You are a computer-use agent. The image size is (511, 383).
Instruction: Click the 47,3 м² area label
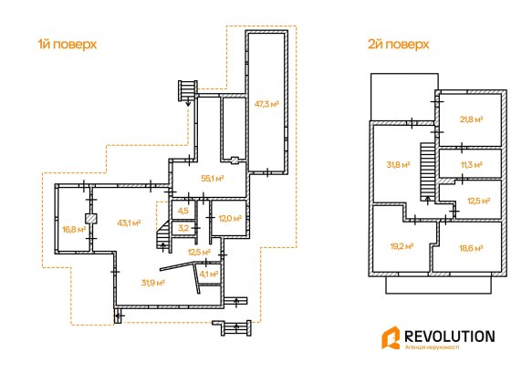[266, 104]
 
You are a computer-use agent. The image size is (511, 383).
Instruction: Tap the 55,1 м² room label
[212, 179]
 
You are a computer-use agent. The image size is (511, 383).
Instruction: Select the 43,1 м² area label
[129, 223]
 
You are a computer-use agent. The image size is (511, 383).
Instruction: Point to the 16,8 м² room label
[74, 229]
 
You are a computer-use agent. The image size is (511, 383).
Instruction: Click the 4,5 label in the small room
[183, 211]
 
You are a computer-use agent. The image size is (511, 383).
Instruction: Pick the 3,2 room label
[183, 228]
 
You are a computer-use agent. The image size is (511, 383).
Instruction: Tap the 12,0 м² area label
[230, 218]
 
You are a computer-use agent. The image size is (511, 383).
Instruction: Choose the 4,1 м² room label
[209, 274]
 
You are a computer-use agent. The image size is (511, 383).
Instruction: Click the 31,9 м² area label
[152, 283]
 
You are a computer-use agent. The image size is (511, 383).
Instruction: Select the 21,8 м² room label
[471, 119]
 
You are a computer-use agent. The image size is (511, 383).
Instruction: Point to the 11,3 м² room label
[471, 165]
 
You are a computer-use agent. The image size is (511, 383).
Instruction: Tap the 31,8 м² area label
[398, 164]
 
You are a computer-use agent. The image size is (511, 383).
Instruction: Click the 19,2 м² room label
[401, 246]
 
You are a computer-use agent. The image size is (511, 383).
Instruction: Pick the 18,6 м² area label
[471, 248]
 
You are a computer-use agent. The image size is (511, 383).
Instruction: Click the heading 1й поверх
[68, 44]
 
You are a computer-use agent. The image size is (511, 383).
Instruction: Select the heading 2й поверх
[398, 44]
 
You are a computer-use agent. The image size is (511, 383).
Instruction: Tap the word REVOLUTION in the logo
[450, 336]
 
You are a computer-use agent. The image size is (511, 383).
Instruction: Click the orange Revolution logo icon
[391, 337]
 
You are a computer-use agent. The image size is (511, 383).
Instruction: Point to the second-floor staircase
[426, 172]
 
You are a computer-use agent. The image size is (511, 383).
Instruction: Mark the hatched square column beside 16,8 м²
[91, 218]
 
